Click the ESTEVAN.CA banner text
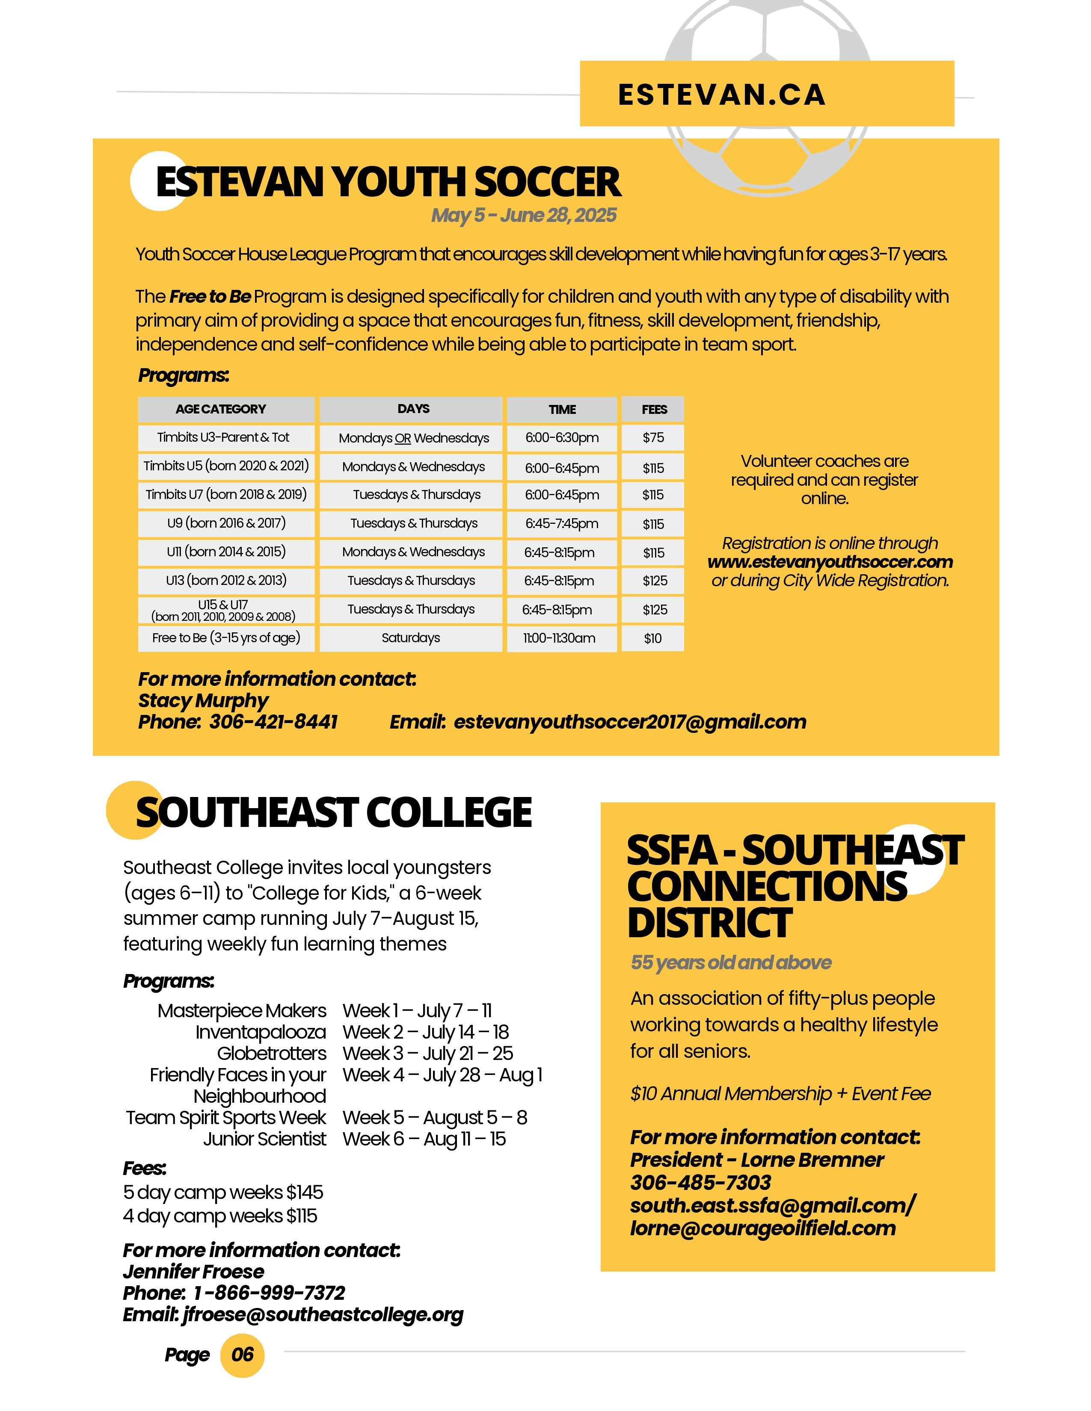click(x=721, y=94)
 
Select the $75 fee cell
click(x=653, y=438)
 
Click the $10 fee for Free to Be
click(x=653, y=638)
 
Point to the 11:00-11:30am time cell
click(x=560, y=638)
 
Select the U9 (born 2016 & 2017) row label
click(x=226, y=523)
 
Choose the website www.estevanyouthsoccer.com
click(x=830, y=562)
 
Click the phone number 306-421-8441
click(x=273, y=722)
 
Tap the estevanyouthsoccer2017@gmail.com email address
click(x=630, y=722)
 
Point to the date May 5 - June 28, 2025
click(x=524, y=215)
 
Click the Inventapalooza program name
click(x=261, y=1033)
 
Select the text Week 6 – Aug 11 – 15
click(x=424, y=1139)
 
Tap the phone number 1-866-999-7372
click(x=269, y=1293)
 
